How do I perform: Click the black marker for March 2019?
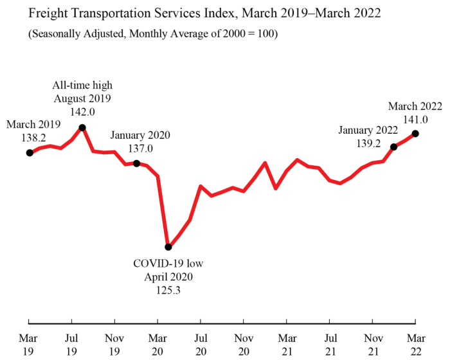click(29, 152)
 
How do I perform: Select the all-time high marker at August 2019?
click(82, 127)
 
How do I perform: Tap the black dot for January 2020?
click(136, 163)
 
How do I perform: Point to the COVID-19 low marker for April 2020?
click(168, 247)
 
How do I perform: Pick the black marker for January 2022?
click(393, 147)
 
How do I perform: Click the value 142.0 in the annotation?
click(82, 111)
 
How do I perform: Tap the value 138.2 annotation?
click(33, 137)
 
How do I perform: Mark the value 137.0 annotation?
click(140, 148)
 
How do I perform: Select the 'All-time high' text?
click(82, 85)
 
